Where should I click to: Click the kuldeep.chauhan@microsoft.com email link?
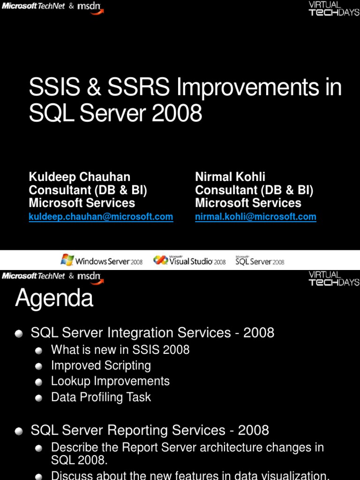[x=101, y=217]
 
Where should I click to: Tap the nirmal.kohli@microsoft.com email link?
[x=255, y=217]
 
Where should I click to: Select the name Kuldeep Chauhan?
[x=80, y=177]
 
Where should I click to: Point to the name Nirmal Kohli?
[x=230, y=177]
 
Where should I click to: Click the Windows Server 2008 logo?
[x=102, y=260]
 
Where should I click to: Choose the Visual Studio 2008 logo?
[x=189, y=260]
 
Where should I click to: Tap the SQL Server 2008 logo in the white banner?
[x=260, y=261]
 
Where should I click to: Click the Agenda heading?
[x=54, y=298]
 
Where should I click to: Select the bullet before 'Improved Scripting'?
[x=38, y=366]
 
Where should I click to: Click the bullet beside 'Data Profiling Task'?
[x=38, y=398]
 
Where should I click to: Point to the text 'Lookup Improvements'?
[x=110, y=381]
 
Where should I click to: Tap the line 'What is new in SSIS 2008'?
[x=120, y=350]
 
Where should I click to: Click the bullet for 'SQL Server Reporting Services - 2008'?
[x=19, y=431]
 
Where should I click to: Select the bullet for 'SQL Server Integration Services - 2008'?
[x=19, y=334]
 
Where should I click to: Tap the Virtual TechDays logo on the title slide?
[x=334, y=8]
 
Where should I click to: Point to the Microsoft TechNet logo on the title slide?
[x=33, y=6]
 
